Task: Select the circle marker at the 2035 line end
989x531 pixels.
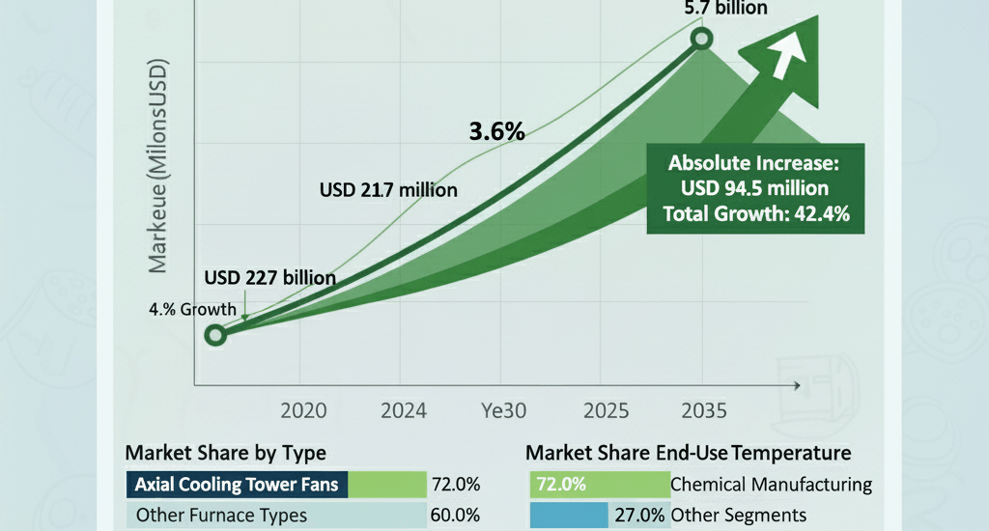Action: (702, 39)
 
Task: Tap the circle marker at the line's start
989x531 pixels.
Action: (216, 335)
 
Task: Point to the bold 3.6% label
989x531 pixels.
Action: (496, 132)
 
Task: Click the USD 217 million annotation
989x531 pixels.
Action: (388, 189)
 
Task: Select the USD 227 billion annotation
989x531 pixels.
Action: (270, 278)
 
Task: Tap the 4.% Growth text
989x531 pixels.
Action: (192, 310)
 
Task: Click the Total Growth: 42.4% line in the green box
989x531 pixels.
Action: (756, 214)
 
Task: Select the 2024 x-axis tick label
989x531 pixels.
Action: (405, 409)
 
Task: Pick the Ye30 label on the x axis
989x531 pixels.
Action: (503, 409)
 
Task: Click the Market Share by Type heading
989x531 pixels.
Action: (226, 452)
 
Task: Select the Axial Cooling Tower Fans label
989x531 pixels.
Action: (237, 484)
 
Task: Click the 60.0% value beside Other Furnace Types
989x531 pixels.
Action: (460, 515)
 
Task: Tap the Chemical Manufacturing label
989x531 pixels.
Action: (771, 484)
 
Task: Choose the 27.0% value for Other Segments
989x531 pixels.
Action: (639, 515)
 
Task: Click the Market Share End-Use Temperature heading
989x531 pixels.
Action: (688, 452)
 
